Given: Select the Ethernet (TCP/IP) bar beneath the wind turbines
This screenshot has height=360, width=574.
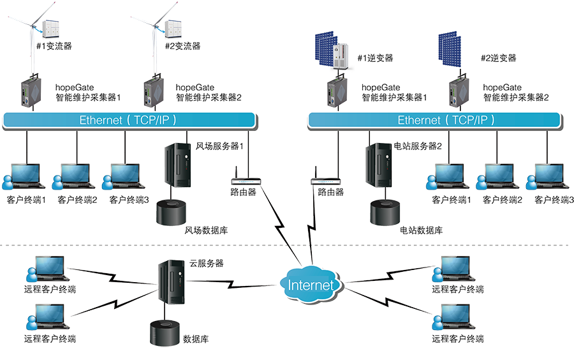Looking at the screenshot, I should (x=129, y=120).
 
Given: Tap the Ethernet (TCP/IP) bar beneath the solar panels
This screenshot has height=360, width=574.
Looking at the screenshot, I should (x=434, y=120).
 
